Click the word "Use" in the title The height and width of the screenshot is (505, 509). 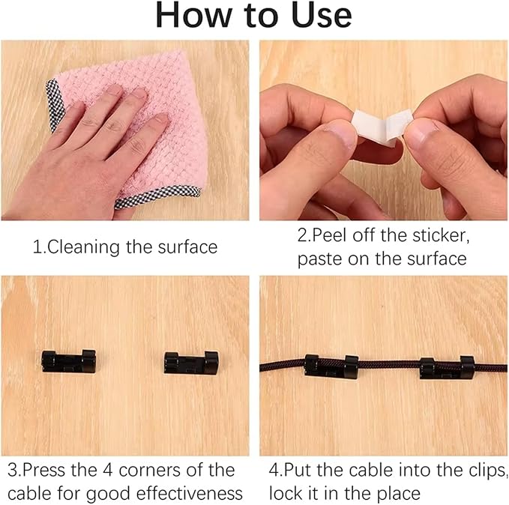322,16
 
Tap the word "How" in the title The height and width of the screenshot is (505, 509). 194,16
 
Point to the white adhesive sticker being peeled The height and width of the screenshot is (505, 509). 382,127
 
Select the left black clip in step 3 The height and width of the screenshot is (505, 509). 68,362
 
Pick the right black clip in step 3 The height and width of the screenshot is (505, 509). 191,362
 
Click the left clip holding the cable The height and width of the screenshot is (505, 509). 331,366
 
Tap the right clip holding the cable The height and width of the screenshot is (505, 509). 447,368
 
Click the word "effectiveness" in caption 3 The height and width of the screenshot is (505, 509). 189,494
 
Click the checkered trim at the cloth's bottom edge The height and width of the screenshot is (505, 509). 157,197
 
